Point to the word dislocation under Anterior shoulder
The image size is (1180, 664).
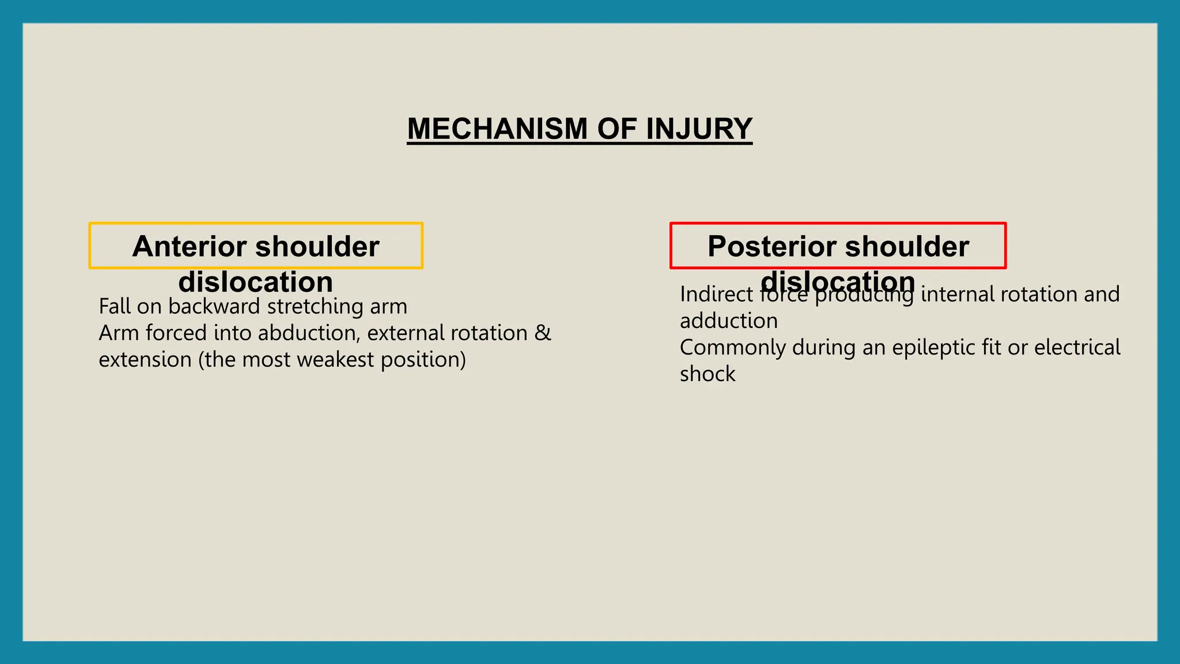[255, 282]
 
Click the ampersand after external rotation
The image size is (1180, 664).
[542, 333]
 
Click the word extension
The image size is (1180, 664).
[145, 360]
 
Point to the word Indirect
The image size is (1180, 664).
[716, 295]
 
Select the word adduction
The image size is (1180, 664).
[728, 321]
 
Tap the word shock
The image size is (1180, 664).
[707, 374]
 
